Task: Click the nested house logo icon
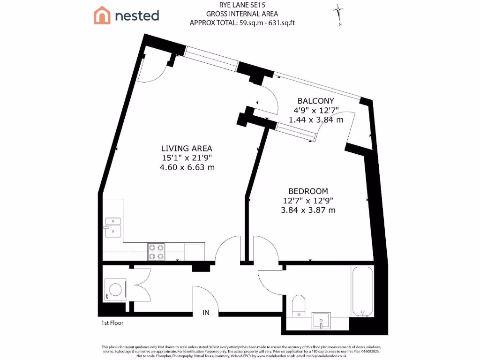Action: pyautogui.click(x=102, y=15)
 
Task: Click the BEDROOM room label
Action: pyautogui.click(x=308, y=191)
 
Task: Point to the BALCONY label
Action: pyautogui.click(x=316, y=101)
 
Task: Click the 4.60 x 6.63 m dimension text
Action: pyautogui.click(x=187, y=167)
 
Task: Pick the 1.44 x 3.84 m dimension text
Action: pyautogui.click(x=316, y=120)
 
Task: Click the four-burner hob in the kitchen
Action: pyautogui.click(x=156, y=252)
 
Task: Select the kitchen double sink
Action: pyautogui.click(x=112, y=226)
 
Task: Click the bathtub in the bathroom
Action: pyautogui.click(x=362, y=291)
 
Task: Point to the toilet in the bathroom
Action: pyautogui.click(x=298, y=305)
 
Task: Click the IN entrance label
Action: pyautogui.click(x=206, y=312)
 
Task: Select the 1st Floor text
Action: pyautogui.click(x=112, y=323)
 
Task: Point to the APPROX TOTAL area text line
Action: pyautogui.click(x=242, y=22)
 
